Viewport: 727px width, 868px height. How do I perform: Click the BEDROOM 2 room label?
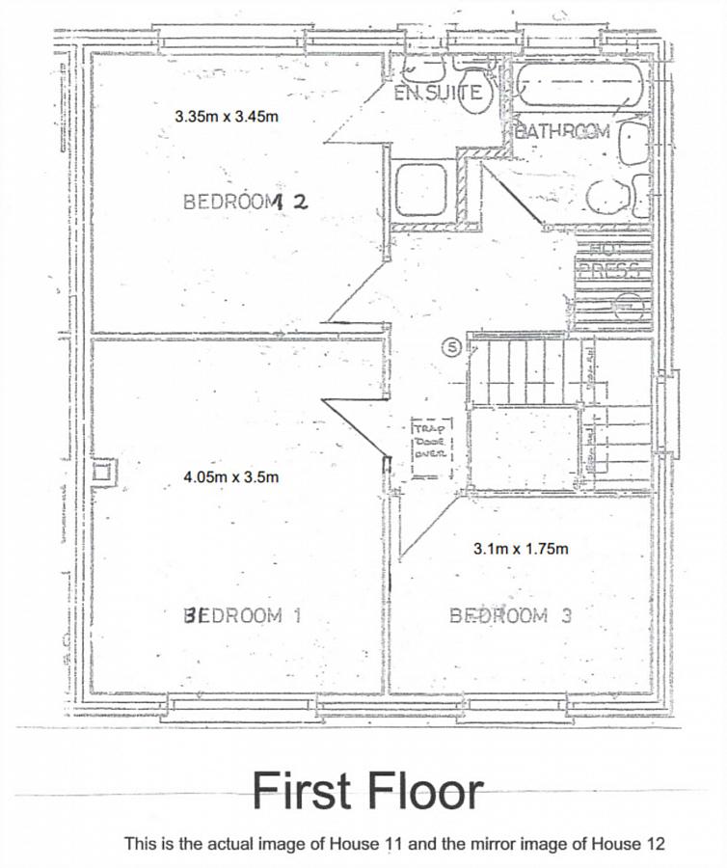pos(245,202)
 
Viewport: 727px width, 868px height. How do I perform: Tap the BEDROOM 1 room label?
pos(242,615)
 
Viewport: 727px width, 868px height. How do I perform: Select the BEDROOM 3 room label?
pos(510,615)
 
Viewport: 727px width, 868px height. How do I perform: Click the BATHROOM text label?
pos(562,131)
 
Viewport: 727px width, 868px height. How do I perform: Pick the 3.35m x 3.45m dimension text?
pos(227,116)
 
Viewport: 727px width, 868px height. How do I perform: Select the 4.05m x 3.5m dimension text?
pos(231,475)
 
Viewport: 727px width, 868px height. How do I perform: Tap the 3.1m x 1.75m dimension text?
pos(521,549)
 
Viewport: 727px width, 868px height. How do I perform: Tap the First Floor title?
pos(367,791)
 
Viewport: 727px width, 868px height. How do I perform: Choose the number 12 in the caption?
pos(654,844)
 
